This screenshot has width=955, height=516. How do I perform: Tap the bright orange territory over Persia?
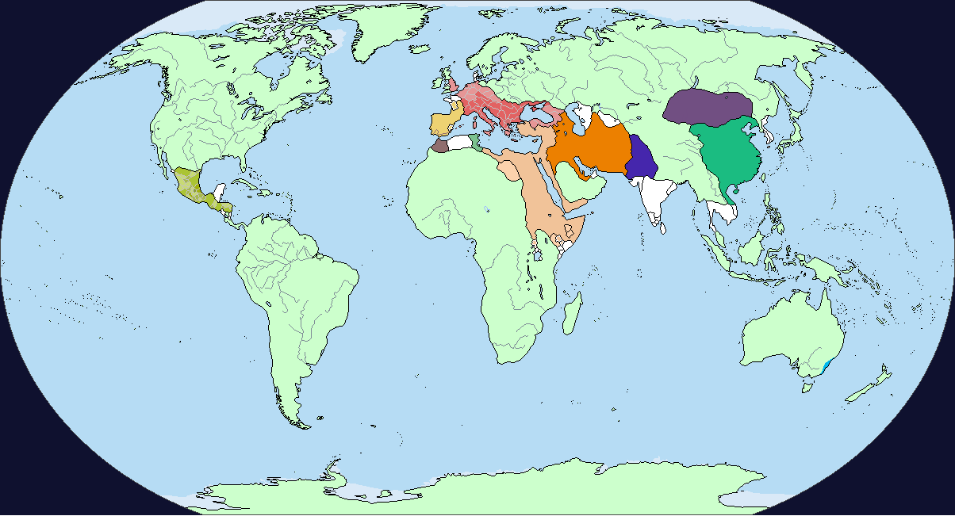click(x=587, y=147)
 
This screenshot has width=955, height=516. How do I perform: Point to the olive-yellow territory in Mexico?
click(x=190, y=187)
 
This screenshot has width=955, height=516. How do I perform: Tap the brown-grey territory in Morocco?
click(x=439, y=146)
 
